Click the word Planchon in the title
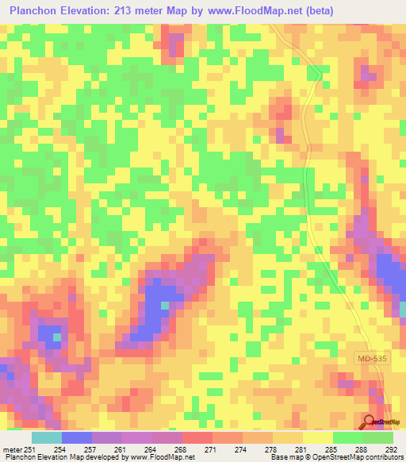[35, 11]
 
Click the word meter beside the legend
[12, 450]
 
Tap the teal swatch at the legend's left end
[47, 437]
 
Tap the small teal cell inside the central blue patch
[165, 305]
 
